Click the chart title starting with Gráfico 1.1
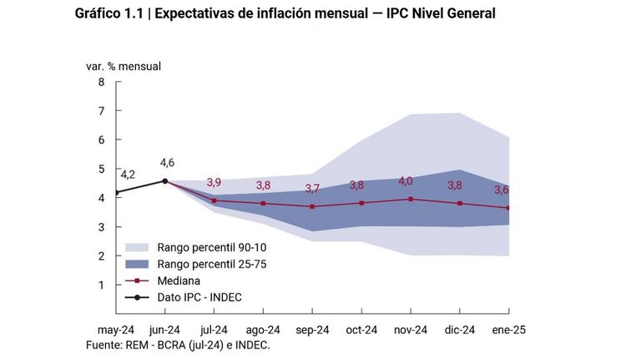(x=285, y=13)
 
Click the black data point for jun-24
(x=165, y=180)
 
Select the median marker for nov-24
(x=411, y=200)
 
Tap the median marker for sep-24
(x=312, y=206)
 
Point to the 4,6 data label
(x=167, y=163)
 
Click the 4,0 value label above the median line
(x=406, y=180)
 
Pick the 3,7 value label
(x=312, y=189)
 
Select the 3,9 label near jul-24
(x=214, y=182)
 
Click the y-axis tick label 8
(x=101, y=82)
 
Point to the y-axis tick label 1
(x=101, y=285)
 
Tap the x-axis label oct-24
(x=361, y=330)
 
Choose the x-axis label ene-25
(x=509, y=330)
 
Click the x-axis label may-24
(x=116, y=330)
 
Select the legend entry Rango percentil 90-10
(x=212, y=247)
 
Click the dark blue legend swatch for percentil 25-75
(x=137, y=264)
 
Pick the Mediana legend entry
(x=179, y=281)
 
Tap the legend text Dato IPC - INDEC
(x=199, y=297)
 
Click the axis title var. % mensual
(x=124, y=66)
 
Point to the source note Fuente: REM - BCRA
(x=178, y=345)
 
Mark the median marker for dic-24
(x=460, y=203)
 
